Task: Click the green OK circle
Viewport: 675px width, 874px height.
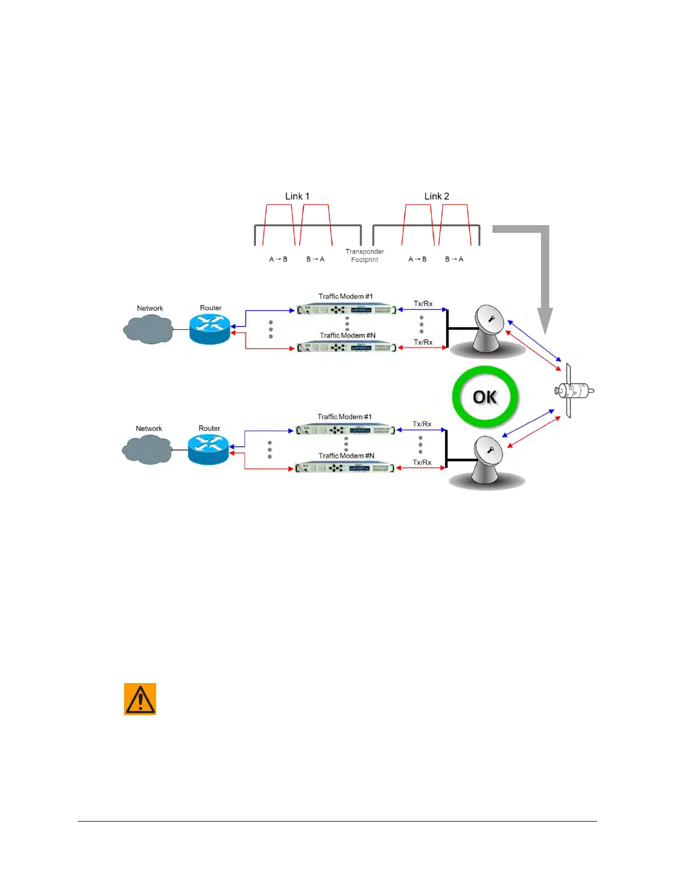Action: pyautogui.click(x=485, y=397)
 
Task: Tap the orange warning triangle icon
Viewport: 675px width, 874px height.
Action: pyautogui.click(x=140, y=699)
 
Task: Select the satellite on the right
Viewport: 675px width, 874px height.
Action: pyautogui.click(x=574, y=391)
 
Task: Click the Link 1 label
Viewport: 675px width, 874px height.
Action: pyautogui.click(x=297, y=196)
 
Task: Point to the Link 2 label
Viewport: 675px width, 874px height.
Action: pyautogui.click(x=437, y=196)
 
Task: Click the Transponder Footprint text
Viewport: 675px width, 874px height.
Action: pyautogui.click(x=365, y=255)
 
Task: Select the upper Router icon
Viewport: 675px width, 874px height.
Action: pyautogui.click(x=210, y=329)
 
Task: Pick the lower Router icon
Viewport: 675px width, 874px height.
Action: pyautogui.click(x=208, y=449)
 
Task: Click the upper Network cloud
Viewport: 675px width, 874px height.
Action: pyautogui.click(x=149, y=329)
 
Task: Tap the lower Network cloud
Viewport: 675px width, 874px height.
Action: pyautogui.click(x=148, y=449)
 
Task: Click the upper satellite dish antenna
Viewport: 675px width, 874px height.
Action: pyautogui.click(x=488, y=328)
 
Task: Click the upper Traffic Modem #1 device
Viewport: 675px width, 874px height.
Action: pyautogui.click(x=347, y=310)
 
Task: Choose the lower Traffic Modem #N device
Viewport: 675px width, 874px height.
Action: pyautogui.click(x=345, y=468)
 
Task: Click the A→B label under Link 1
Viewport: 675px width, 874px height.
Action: pyautogui.click(x=278, y=259)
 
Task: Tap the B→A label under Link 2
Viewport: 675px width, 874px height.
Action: pyautogui.click(x=454, y=259)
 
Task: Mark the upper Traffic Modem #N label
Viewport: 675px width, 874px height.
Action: pyautogui.click(x=347, y=335)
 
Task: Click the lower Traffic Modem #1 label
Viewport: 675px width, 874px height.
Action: pyautogui.click(x=345, y=417)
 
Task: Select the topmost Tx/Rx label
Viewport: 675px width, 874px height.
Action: pyautogui.click(x=423, y=303)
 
